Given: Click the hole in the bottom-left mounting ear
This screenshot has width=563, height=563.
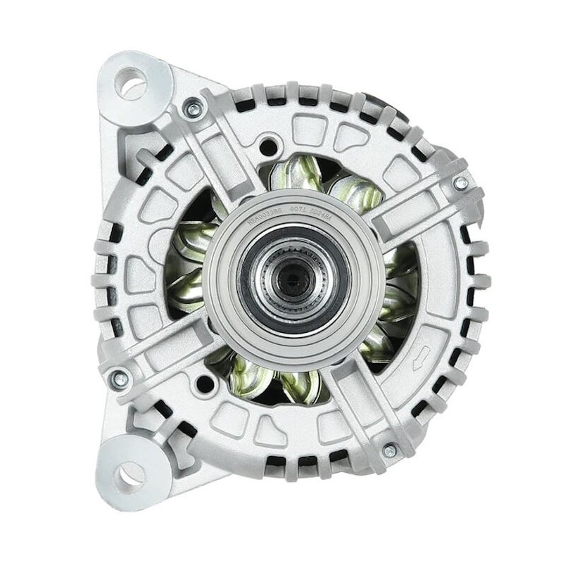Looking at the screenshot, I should [129, 475].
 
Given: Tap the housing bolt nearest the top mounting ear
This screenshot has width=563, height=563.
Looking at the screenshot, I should [189, 107].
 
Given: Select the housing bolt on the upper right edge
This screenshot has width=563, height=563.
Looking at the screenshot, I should [460, 184].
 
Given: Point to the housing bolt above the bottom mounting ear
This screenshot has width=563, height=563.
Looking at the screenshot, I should [119, 378].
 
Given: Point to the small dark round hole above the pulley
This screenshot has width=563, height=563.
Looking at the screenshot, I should [267, 146].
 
